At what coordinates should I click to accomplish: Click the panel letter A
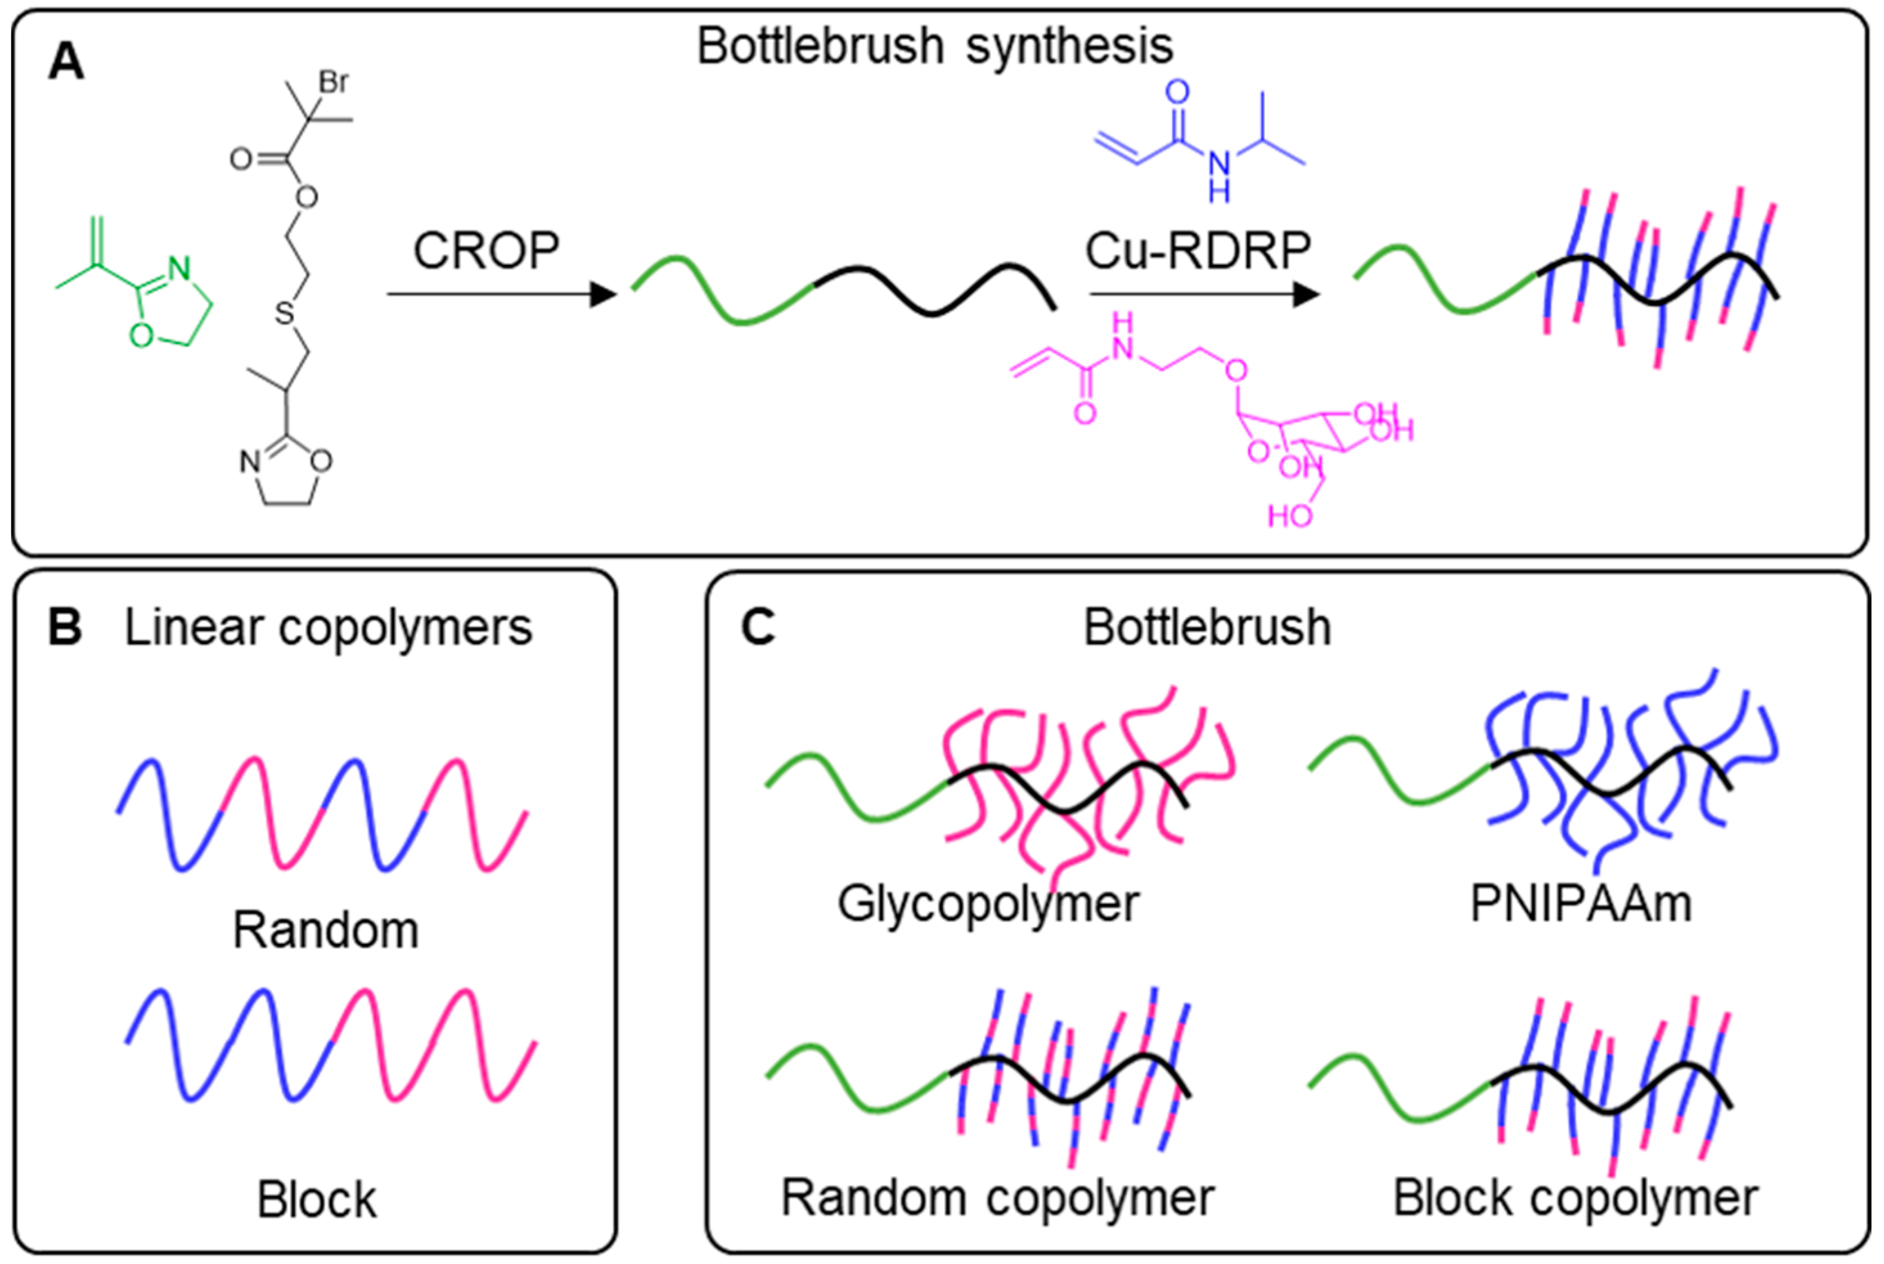66,62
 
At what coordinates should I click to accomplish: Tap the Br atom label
334,82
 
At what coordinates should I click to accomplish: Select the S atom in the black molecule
285,312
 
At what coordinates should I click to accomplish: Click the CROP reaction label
486,251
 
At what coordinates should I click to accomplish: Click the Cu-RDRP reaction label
1198,251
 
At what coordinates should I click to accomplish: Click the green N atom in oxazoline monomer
180,269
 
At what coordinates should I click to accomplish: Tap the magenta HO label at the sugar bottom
1290,515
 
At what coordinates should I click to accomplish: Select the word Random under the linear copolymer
325,930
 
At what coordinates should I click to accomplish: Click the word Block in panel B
317,1200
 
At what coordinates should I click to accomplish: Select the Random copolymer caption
998,1198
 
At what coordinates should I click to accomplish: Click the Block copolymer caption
1575,1198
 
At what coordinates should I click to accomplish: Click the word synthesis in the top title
1070,46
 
